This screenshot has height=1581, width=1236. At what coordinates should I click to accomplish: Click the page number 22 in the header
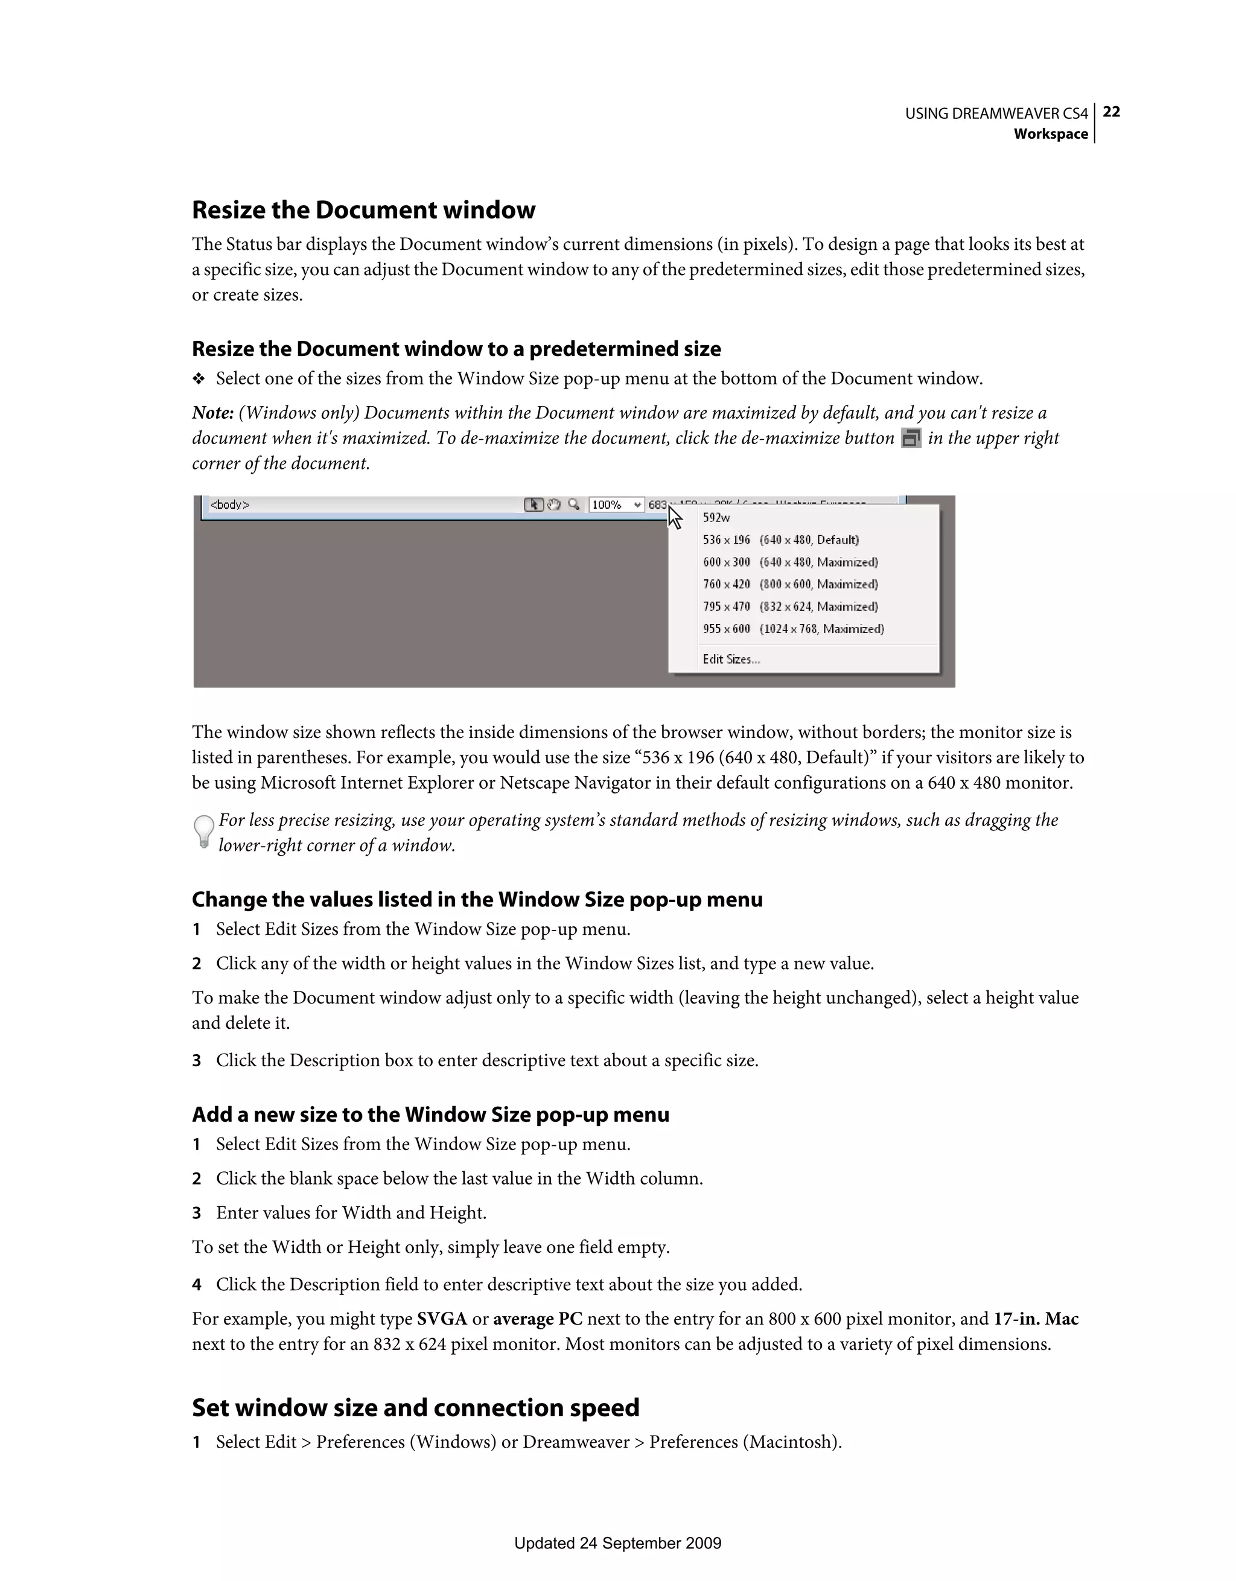click(1112, 112)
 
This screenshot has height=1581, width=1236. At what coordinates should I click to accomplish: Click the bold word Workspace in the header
click(1050, 134)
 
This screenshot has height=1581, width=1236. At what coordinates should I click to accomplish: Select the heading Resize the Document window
click(363, 210)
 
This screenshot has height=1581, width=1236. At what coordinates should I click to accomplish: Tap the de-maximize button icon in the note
click(911, 438)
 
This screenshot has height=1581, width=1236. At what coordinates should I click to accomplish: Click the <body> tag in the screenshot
click(229, 504)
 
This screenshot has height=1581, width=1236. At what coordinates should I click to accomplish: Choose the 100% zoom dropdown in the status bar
click(616, 504)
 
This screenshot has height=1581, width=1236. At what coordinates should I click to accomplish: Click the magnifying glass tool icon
click(573, 504)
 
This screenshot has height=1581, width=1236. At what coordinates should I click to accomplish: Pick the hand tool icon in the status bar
click(554, 504)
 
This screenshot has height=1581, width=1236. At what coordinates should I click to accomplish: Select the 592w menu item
click(716, 518)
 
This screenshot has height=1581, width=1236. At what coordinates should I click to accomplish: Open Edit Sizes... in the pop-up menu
click(731, 660)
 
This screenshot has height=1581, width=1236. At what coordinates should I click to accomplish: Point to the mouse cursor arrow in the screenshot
click(674, 517)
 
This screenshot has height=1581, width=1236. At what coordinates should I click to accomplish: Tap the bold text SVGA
click(442, 1319)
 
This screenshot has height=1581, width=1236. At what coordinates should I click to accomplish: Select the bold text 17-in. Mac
click(1036, 1319)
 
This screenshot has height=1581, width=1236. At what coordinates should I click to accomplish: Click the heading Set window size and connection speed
click(416, 1408)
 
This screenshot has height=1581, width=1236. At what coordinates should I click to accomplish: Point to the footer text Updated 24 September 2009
click(617, 1542)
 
